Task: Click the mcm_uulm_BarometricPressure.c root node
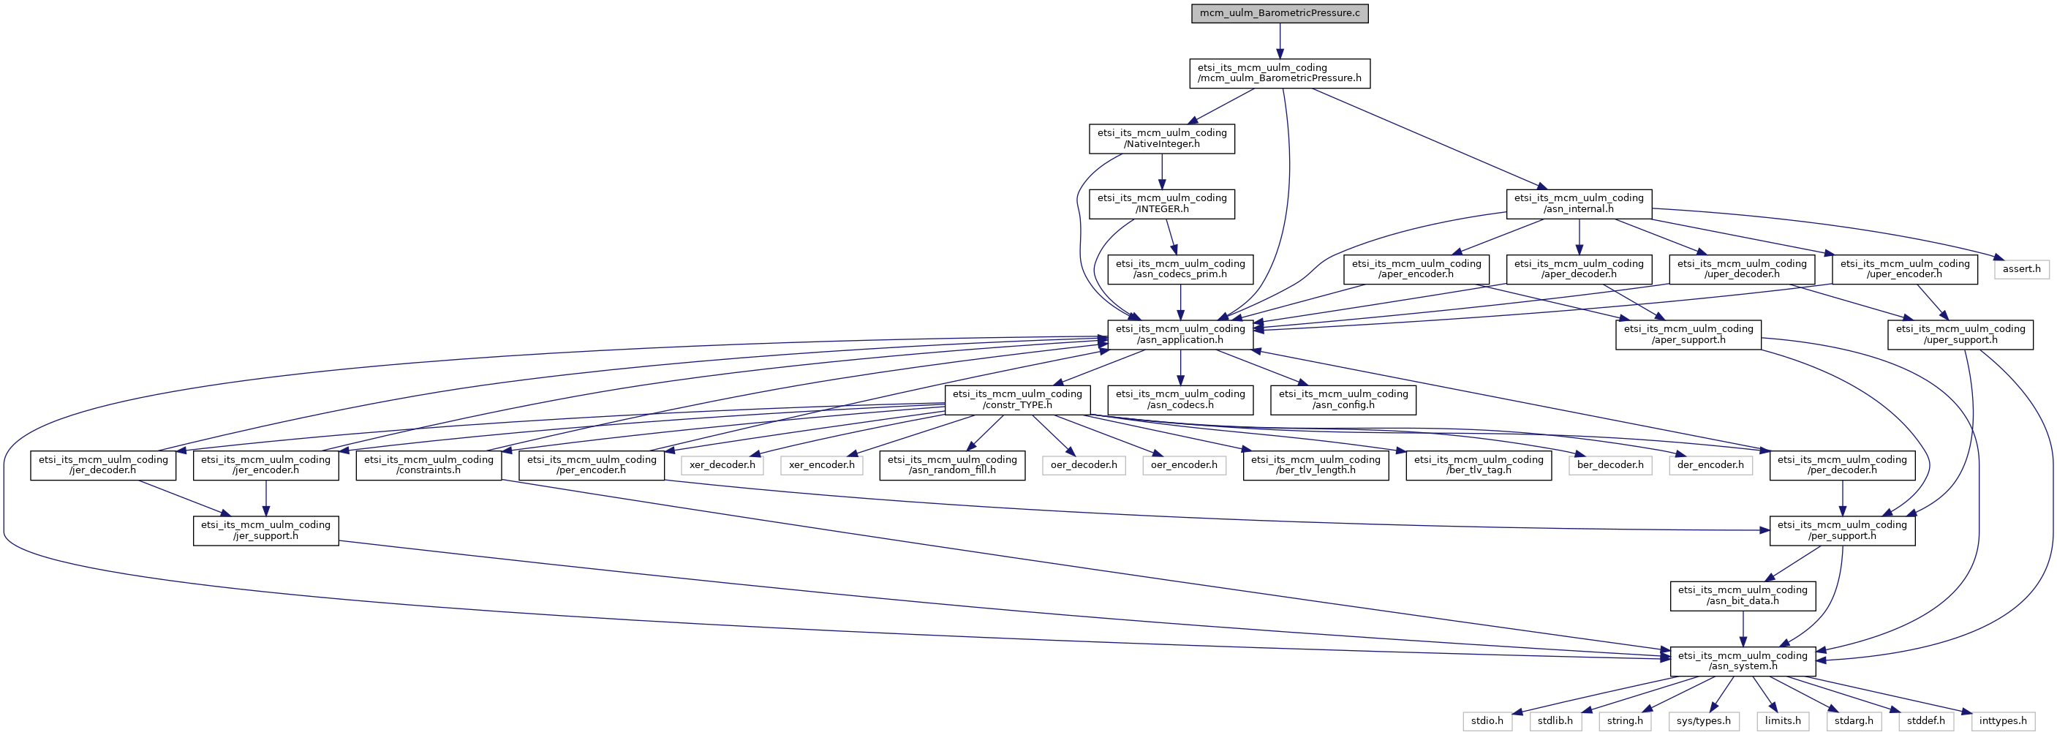point(1279,14)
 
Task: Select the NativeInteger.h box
point(1162,139)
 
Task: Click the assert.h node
point(2021,269)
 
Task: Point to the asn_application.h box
point(1180,335)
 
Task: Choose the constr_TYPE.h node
point(1017,399)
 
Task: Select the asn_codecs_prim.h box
point(1180,269)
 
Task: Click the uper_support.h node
point(1960,335)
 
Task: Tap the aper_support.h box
point(1688,335)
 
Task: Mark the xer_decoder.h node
point(722,465)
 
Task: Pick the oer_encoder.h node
point(1183,465)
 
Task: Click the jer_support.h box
point(266,530)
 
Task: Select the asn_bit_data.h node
point(1743,596)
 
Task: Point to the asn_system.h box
point(1743,660)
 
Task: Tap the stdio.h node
point(1487,720)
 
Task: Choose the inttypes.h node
point(2003,720)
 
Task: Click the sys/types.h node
point(1703,720)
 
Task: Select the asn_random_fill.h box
point(952,465)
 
